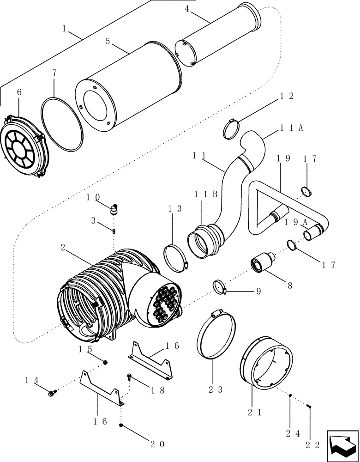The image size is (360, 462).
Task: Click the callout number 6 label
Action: [19, 92]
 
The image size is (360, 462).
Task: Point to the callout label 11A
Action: [291, 129]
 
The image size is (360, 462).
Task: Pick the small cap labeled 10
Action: [114, 210]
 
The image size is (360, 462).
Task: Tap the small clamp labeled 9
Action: [220, 286]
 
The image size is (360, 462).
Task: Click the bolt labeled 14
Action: [51, 393]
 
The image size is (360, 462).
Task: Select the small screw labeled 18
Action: [130, 377]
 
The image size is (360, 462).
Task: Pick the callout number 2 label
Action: [62, 248]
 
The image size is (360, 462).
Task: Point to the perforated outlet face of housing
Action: [160, 304]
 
